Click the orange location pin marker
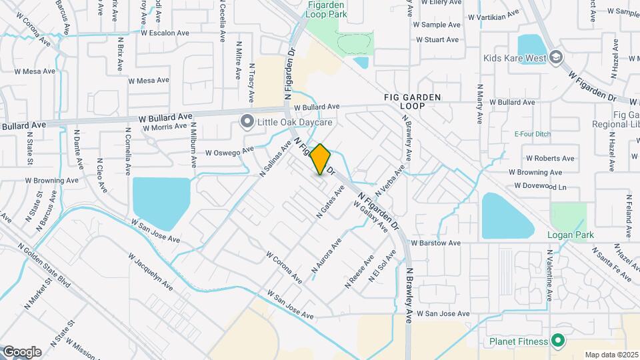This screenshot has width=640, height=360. pyautogui.click(x=321, y=159)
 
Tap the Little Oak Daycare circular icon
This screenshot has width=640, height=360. pyautogui.click(x=247, y=121)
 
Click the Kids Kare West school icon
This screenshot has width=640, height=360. pyautogui.click(x=555, y=58)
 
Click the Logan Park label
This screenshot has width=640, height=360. pyautogui.click(x=570, y=235)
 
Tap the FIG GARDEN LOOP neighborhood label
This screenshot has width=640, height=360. pyautogui.click(x=412, y=101)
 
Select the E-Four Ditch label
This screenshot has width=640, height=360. pyautogui.click(x=532, y=134)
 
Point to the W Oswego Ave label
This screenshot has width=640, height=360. pyautogui.click(x=230, y=151)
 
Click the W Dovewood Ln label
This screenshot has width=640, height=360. pyautogui.click(x=541, y=187)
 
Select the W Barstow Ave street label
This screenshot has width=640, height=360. pyautogui.click(x=436, y=243)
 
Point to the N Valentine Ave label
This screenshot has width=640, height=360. pyautogui.click(x=551, y=277)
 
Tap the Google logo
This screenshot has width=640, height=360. pyautogui.click(x=22, y=351)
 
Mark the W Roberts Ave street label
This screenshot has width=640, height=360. pyautogui.click(x=550, y=159)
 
